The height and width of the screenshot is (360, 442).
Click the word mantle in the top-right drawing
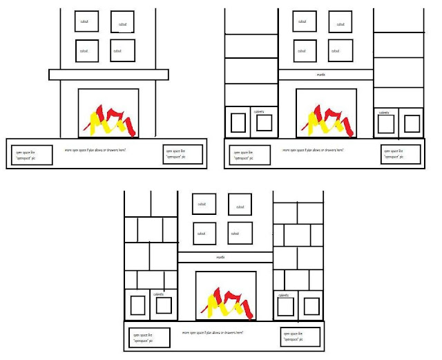tap(320, 75)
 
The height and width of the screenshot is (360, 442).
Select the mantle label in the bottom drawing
tap(220, 257)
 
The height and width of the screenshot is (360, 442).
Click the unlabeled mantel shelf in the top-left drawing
tap(108, 75)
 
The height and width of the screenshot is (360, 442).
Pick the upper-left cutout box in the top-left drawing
tap(87, 21)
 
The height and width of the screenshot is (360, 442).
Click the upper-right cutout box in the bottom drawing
tap(240, 205)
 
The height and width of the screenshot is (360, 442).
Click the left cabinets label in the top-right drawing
tap(259, 111)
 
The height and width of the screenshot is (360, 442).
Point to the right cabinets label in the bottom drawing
tap(283, 295)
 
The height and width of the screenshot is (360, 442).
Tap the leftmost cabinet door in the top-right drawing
tap(238, 123)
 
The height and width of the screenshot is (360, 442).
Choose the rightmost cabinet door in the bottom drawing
tap(311, 307)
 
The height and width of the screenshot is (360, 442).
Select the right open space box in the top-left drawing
tap(184, 154)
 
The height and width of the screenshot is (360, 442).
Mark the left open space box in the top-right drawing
tap(250, 154)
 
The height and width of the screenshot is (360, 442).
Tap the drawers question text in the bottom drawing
tap(213, 332)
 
